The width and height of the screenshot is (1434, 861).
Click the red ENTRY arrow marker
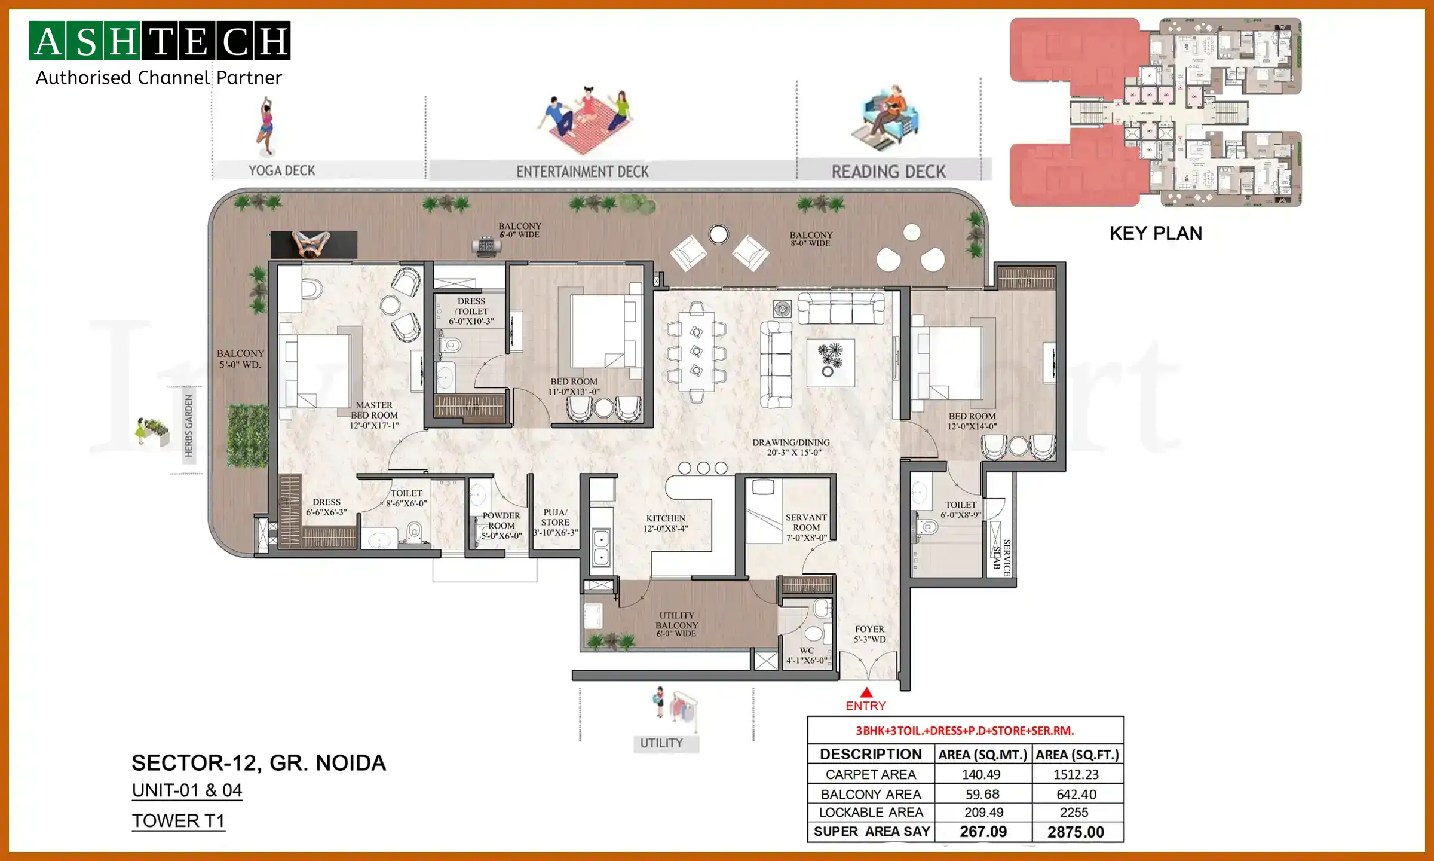tap(866, 693)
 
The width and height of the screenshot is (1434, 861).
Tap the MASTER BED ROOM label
tap(374, 415)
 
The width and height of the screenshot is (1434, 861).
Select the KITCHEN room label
tap(666, 523)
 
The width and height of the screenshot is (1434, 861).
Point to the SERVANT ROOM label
tap(806, 527)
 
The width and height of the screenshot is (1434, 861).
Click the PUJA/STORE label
tap(555, 522)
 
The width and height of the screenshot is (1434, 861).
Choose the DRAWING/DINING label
tap(790, 447)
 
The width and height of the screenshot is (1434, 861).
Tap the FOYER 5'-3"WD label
tap(869, 634)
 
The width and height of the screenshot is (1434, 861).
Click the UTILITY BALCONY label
tap(676, 624)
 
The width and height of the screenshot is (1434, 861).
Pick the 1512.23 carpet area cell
tap(1075, 774)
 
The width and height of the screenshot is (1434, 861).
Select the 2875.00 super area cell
tap(1075, 832)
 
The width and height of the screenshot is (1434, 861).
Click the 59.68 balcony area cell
tap(982, 794)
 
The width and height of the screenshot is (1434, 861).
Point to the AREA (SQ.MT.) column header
tap(982, 755)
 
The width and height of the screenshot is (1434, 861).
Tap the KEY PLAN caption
tap(1156, 233)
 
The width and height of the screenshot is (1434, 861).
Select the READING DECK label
tap(888, 172)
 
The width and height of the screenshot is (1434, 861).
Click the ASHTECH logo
tap(160, 41)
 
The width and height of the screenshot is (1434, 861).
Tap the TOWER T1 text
tap(178, 821)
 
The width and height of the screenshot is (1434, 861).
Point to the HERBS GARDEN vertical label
tap(189, 426)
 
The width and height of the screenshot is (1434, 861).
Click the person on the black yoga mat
tap(311, 244)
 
